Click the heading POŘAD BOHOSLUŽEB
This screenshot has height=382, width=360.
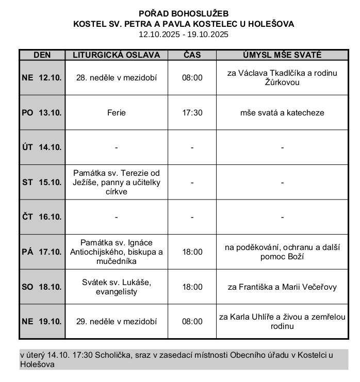184,13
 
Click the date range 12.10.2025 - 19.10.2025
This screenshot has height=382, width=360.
184,35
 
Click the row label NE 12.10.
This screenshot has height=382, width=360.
42,78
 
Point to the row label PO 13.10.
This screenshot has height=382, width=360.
42,112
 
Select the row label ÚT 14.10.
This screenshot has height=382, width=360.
42,147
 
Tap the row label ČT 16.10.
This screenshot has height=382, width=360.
42,217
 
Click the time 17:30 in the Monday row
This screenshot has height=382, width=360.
192,112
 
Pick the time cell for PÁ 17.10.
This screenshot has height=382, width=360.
192,252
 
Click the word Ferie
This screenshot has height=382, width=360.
116,112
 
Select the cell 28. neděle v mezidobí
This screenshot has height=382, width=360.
116,78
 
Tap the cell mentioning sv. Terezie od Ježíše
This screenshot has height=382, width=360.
116,182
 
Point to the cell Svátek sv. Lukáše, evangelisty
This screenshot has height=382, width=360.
116,287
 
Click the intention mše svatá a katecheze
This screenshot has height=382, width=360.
282,112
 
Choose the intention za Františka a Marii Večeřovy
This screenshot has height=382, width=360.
282,287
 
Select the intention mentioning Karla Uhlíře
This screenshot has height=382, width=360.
282,322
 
